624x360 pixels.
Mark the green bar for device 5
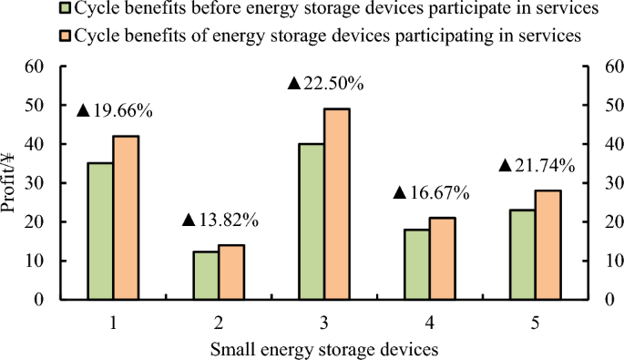tap(522, 254)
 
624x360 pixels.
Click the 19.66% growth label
tap(114, 111)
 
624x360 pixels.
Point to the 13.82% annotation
tap(220, 220)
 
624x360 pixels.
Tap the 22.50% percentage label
tap(325, 83)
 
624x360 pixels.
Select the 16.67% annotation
tap(431, 193)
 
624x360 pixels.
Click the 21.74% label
tap(537, 166)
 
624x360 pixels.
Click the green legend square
tap(63, 10)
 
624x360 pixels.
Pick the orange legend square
tap(63, 36)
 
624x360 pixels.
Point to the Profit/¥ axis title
tap(11, 183)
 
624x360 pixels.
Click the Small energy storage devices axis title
tap(325, 348)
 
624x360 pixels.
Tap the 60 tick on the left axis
tap(36, 67)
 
